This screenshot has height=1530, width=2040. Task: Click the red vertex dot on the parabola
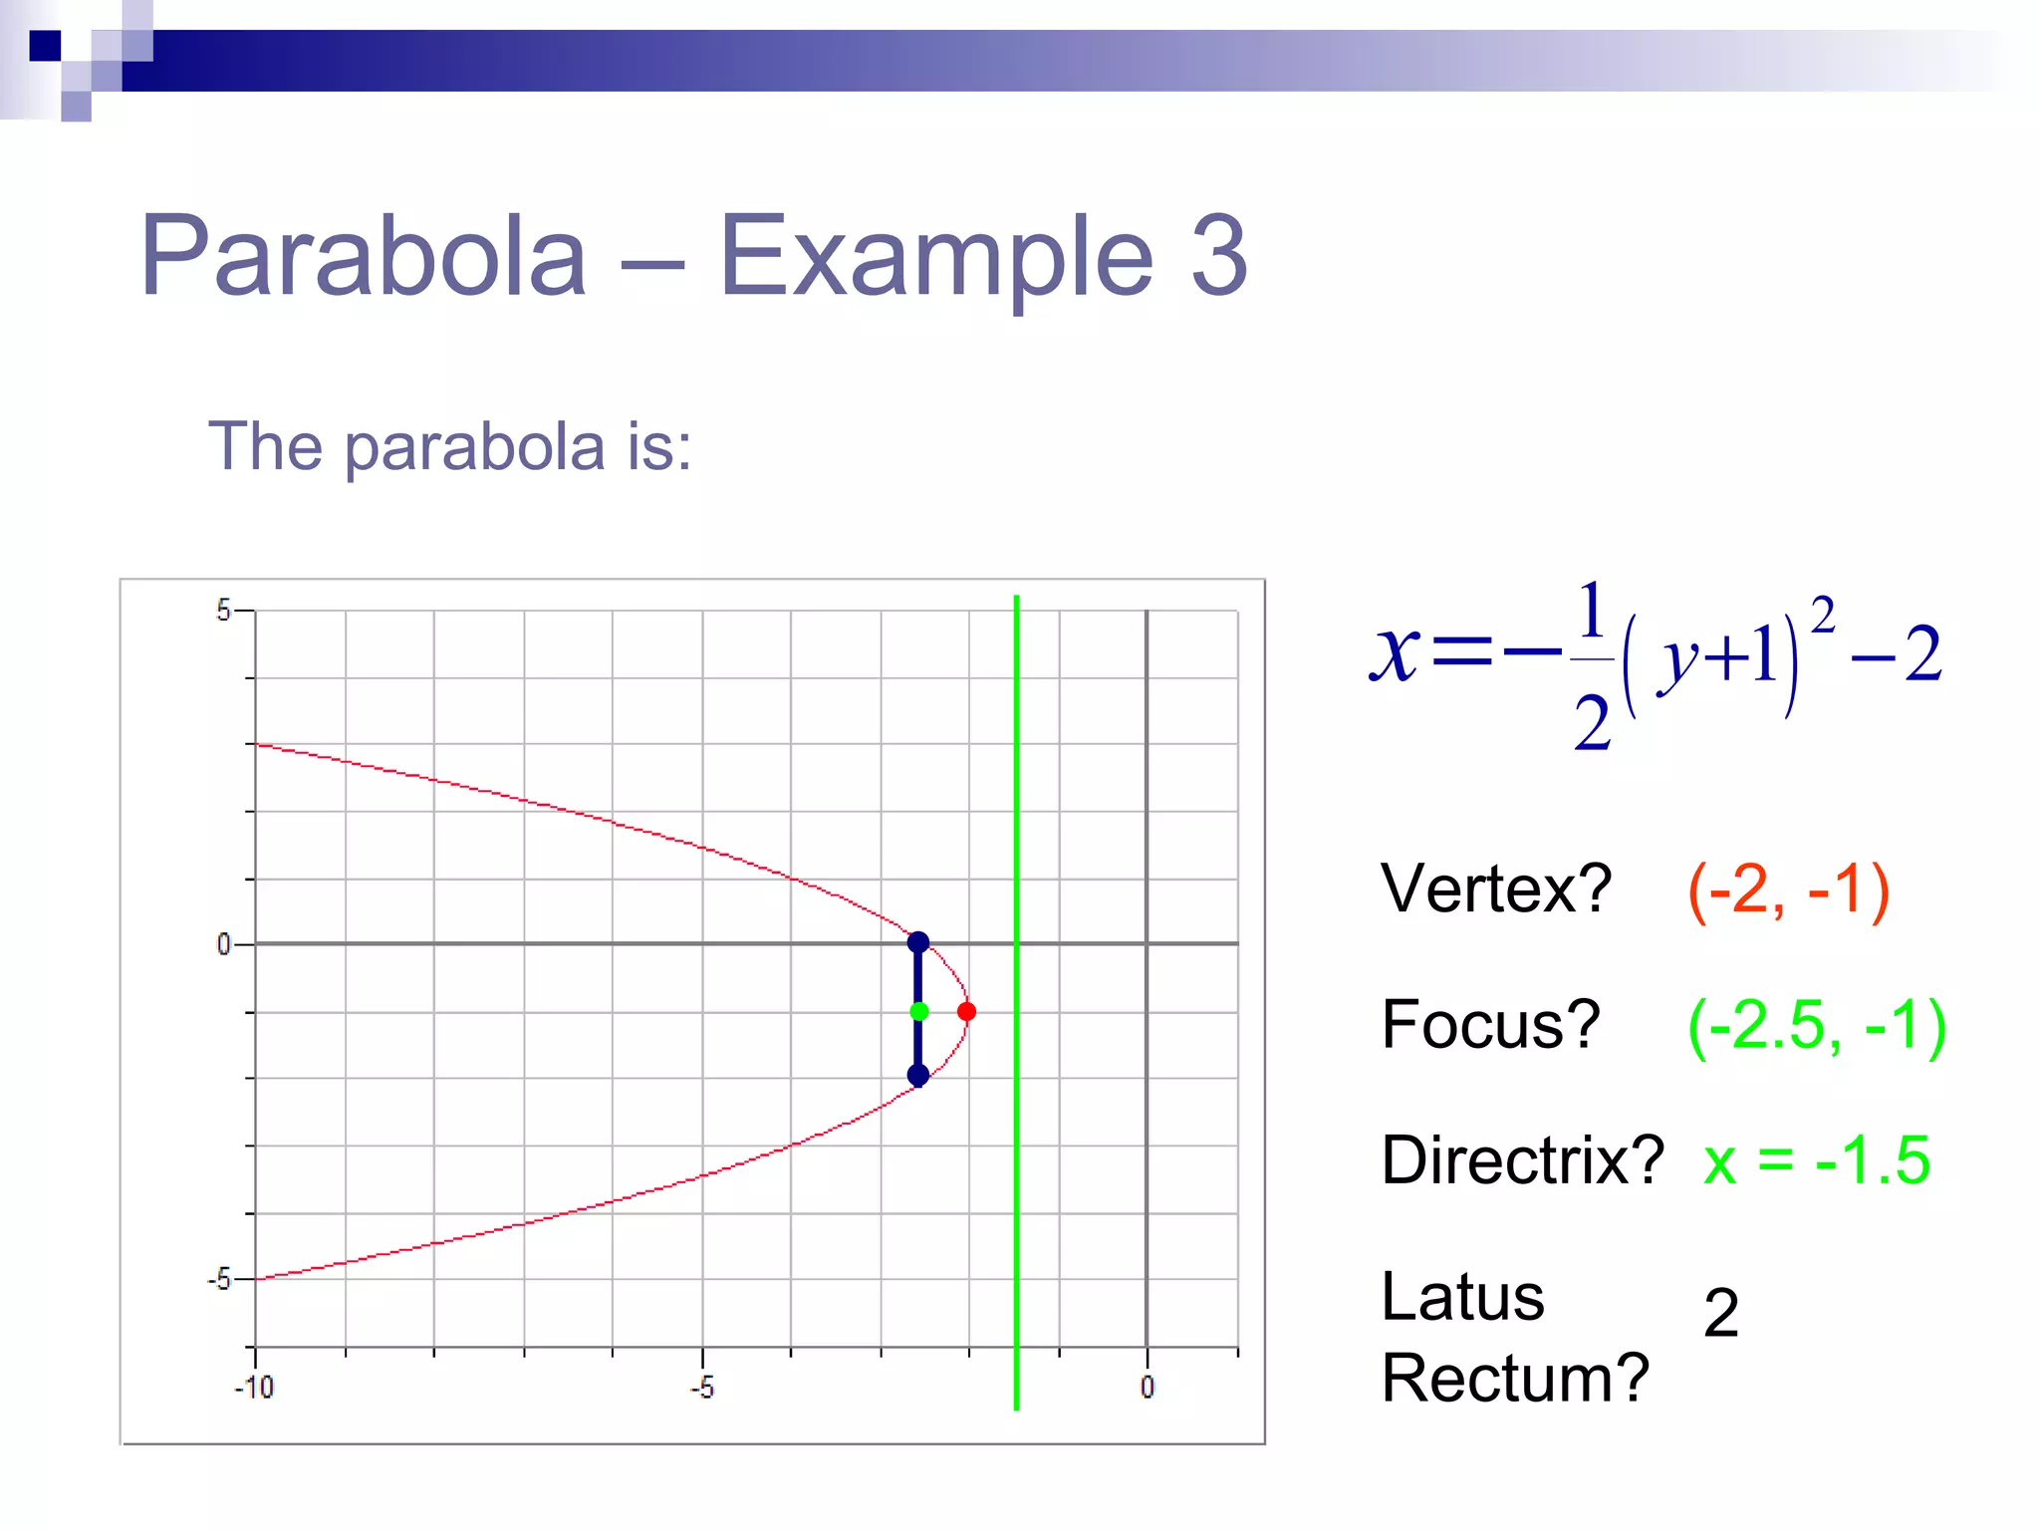coord(966,1012)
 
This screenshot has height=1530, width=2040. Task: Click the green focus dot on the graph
coord(919,1012)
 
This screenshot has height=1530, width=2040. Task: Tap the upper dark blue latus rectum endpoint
coord(918,942)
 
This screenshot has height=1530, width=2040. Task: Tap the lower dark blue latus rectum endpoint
coord(918,1075)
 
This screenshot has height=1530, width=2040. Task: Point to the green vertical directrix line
coord(1016,1195)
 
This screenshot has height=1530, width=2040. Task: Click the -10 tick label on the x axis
coord(254,1387)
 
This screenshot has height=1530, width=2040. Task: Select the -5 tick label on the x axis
coord(701,1387)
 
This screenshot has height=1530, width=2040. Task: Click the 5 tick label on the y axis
coord(223,611)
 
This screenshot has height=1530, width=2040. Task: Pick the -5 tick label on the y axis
coord(220,1279)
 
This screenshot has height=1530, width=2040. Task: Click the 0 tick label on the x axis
coord(1147,1387)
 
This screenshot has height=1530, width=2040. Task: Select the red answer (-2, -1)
coord(1788,890)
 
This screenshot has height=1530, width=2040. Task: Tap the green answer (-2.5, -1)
coord(1816,1026)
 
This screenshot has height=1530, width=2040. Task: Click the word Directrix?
coord(1522,1160)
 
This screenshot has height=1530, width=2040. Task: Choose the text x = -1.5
coord(1817,1160)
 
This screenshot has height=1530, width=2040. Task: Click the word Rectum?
coord(1514,1379)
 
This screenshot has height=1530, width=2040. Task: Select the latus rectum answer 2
coord(1720,1313)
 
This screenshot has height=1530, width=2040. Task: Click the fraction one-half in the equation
coord(1592,662)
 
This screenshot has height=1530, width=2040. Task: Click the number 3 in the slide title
coord(1218,256)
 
